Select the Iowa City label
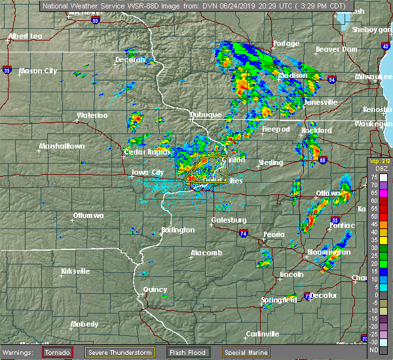147,173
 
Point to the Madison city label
293,76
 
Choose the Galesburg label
229,220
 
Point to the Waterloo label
92,115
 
